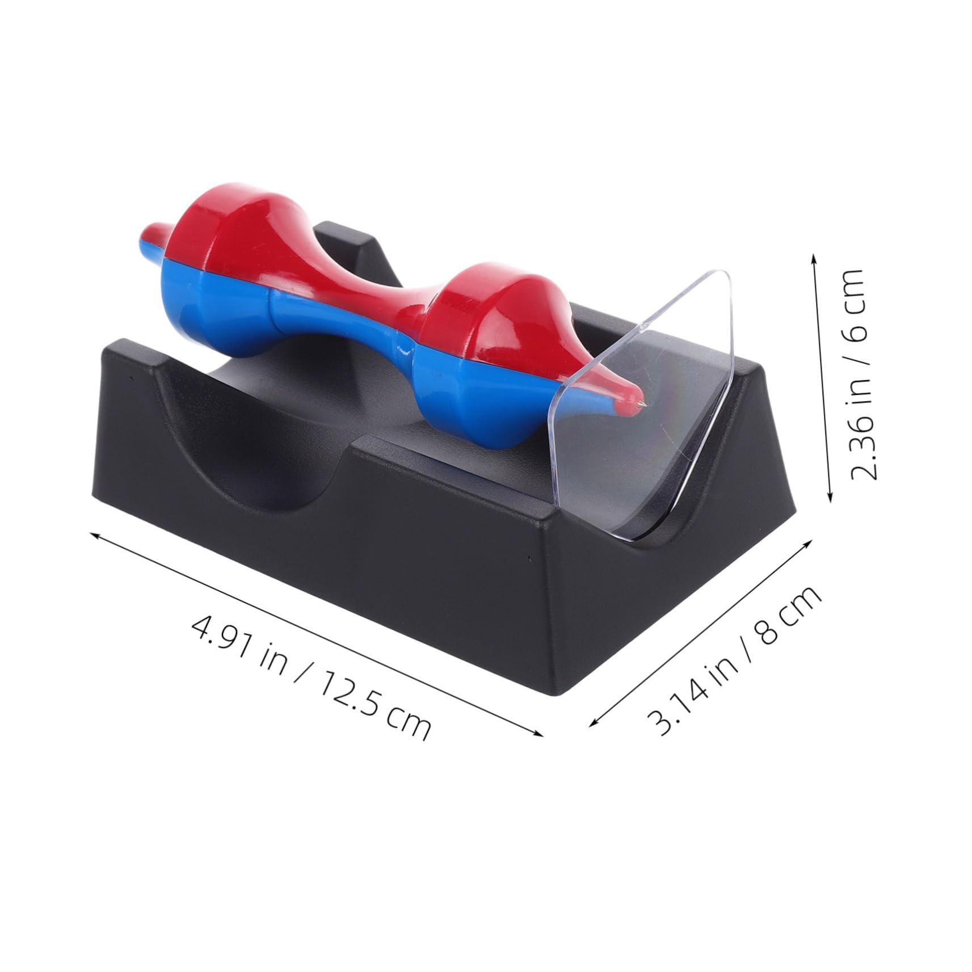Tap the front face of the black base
[318, 567]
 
